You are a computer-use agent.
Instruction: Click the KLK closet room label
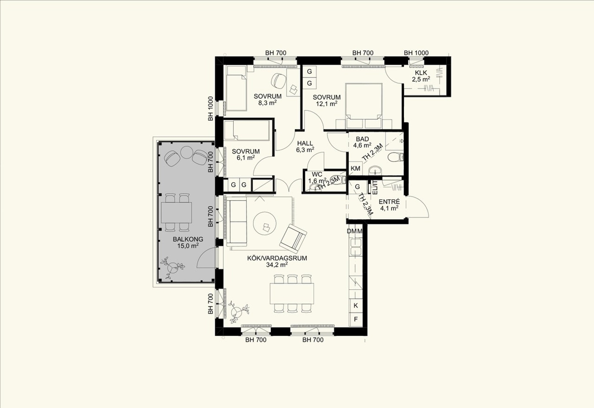[x=421, y=73]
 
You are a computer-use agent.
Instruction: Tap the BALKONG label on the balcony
[x=188, y=239]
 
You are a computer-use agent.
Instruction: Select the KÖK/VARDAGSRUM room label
[x=277, y=258]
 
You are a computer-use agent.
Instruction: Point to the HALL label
[x=305, y=143]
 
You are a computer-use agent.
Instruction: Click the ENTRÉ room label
[x=389, y=202]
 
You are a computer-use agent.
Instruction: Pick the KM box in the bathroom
[x=355, y=168]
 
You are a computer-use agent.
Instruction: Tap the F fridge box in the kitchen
[x=356, y=319]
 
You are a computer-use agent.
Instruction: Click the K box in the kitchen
[x=356, y=306]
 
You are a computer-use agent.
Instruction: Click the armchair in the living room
[x=293, y=239]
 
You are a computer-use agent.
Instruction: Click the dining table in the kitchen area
[x=292, y=293]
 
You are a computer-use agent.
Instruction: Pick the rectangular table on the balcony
[x=177, y=213]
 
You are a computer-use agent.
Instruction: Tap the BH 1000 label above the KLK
[x=416, y=53]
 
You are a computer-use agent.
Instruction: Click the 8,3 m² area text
[x=267, y=103]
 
